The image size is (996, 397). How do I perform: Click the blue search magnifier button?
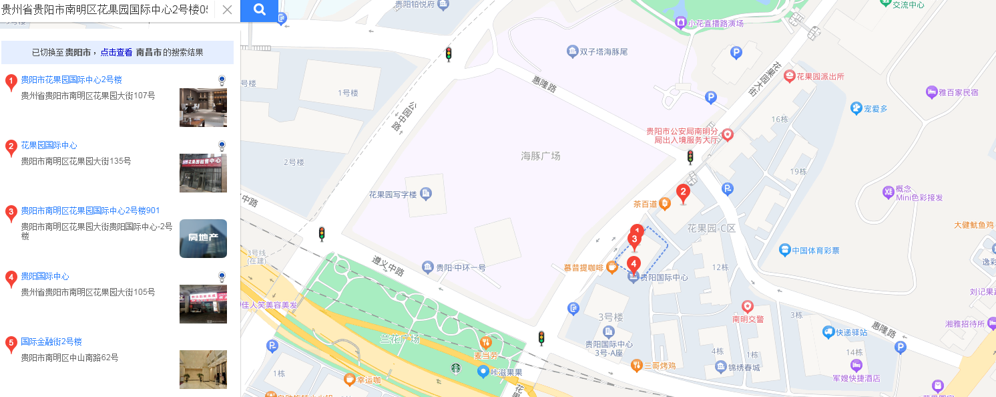pyautogui.click(x=259, y=10)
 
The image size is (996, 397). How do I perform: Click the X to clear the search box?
pyautogui.click(x=227, y=10)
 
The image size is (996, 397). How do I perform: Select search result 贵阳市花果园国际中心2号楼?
pyautogui.click(x=71, y=80)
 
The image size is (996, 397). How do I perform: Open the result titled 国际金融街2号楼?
pyautogui.click(x=51, y=342)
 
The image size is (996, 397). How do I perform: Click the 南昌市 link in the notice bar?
pyautogui.click(x=148, y=52)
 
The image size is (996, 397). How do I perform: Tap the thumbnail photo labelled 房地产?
pyautogui.click(x=203, y=238)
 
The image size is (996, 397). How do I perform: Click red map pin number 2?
pyautogui.click(x=682, y=194)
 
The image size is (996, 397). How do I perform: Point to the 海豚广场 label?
pyautogui.click(x=541, y=156)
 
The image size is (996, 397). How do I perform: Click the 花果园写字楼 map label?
pyautogui.click(x=393, y=194)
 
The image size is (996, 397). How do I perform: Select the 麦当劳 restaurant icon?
pyautogui.click(x=486, y=342)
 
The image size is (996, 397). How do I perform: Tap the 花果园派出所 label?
pyautogui.click(x=820, y=76)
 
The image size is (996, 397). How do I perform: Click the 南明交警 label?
pyautogui.click(x=748, y=319)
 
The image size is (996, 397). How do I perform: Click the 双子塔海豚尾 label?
pyautogui.click(x=603, y=51)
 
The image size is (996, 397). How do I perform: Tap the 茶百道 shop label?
pyautogui.click(x=646, y=204)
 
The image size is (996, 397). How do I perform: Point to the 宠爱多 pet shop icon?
pyautogui.click(x=856, y=108)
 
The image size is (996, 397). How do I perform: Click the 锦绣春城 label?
pyautogui.click(x=744, y=367)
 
